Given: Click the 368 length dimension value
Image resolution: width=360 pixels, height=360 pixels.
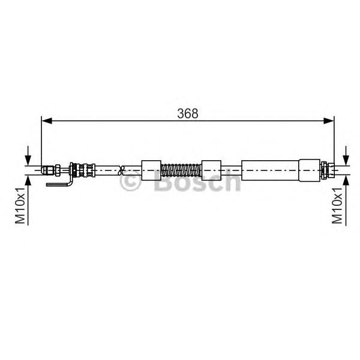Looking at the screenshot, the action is pyautogui.click(x=188, y=113).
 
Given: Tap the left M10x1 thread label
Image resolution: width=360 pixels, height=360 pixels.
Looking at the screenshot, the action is pyautogui.click(x=20, y=205).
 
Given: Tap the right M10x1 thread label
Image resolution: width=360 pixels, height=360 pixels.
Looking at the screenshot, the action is pyautogui.click(x=337, y=205).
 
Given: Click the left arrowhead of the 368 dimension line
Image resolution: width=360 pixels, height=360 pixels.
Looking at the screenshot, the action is pyautogui.click(x=47, y=121).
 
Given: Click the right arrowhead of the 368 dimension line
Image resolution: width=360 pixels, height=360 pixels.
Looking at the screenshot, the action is pyautogui.click(x=329, y=121).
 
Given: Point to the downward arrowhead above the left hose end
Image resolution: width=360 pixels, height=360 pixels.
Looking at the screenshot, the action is pyautogui.click(x=28, y=160).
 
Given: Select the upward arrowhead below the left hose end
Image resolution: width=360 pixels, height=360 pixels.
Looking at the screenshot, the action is pyautogui.click(x=28, y=181).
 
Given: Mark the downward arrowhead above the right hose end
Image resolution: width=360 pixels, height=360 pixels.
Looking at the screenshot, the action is pyautogui.click(x=346, y=160).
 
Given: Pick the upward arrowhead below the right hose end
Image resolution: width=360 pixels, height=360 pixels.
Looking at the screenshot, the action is pyautogui.click(x=346, y=181).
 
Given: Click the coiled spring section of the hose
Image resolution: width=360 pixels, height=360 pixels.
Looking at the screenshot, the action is pyautogui.click(x=181, y=170).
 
